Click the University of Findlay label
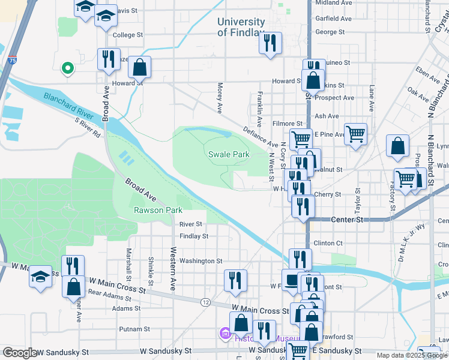pos(241,27)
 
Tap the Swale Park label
pos(229,154)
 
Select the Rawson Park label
pos(157,210)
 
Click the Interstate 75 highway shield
pos(13,59)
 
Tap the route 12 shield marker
pos(205,301)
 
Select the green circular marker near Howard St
pos(68,68)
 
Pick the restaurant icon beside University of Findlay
pos(270,43)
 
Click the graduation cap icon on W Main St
pos(40,277)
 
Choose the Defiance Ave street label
pos(260,136)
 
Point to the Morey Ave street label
pos(220,98)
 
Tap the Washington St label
pos(200,261)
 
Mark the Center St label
pos(348,220)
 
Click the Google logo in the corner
pos(19,353)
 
